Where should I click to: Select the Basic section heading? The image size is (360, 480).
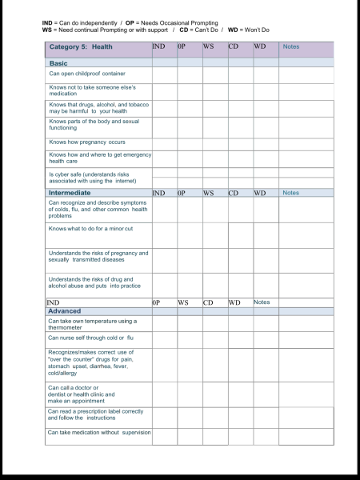[x=58, y=62]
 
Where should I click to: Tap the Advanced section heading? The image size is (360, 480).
[x=65, y=311]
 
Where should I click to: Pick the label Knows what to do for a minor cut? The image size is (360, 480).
[x=90, y=229]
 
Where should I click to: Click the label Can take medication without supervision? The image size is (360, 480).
[x=99, y=432]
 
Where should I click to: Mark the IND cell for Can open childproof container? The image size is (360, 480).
[x=164, y=74]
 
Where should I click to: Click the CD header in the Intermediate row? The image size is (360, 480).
[x=234, y=193]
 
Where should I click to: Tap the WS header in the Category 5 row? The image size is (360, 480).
[x=208, y=47]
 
